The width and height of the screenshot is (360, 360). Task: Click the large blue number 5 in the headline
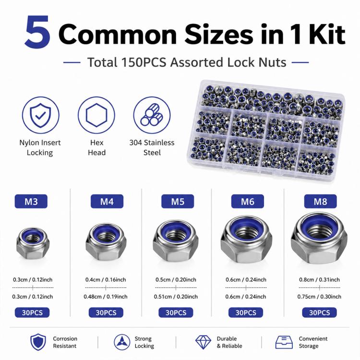point(37,32)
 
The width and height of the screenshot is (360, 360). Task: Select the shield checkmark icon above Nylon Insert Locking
point(41,115)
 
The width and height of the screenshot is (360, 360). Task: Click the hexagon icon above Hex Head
point(96,115)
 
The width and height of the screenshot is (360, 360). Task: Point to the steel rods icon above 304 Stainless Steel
point(152,115)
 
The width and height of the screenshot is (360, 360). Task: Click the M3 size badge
point(31,201)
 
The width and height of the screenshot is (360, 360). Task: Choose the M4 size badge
point(107,201)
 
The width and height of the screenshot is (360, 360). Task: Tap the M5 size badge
point(178,201)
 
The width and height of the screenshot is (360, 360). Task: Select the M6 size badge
point(248,201)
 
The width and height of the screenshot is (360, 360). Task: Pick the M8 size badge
point(320,201)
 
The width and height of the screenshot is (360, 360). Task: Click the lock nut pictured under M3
point(33,243)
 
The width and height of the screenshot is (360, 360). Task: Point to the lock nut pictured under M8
point(319,238)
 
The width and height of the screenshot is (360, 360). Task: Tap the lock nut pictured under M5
point(176,241)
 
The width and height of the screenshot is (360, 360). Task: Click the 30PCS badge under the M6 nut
point(246,312)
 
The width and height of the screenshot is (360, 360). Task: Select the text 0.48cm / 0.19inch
point(106,297)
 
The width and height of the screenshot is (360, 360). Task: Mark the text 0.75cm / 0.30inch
point(319,297)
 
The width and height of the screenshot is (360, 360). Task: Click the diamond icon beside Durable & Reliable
point(203,342)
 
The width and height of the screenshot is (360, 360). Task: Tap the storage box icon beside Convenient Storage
point(284,342)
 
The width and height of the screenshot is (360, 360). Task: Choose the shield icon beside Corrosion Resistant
point(38,342)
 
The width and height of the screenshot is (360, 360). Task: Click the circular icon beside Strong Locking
point(122,342)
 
